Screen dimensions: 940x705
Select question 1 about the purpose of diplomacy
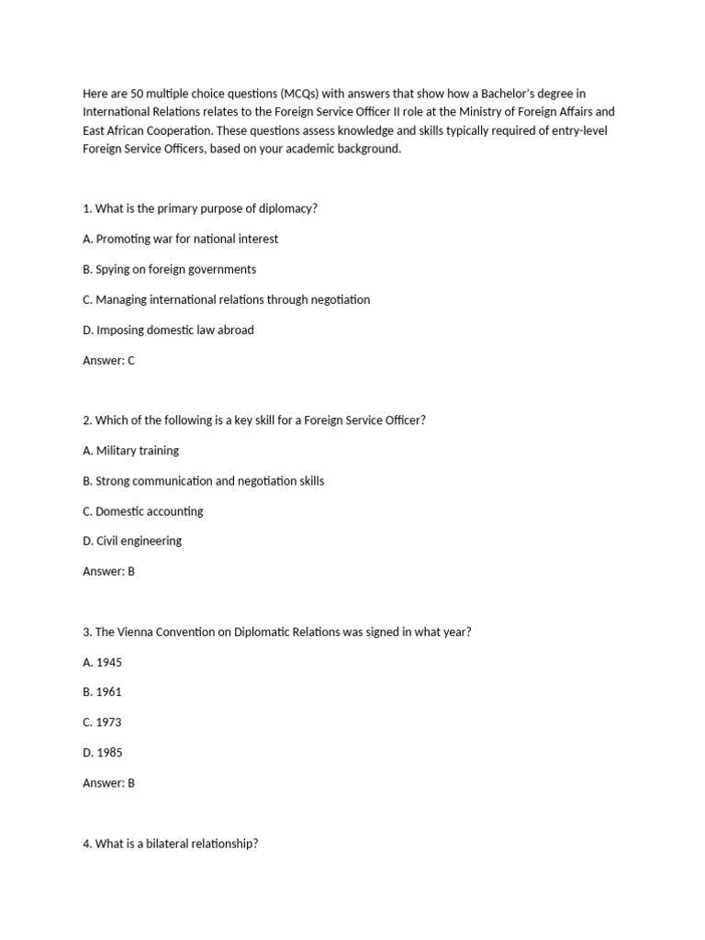coord(200,208)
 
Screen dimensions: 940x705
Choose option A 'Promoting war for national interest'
coord(180,239)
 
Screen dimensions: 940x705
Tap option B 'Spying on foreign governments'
coord(169,269)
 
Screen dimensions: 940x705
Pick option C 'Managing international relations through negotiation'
coord(226,299)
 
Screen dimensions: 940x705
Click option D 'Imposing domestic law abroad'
coord(168,330)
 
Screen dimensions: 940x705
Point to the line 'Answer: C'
coord(108,361)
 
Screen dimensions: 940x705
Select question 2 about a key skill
coord(254,420)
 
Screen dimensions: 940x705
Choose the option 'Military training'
coord(130,451)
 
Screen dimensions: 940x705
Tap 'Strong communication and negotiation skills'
coord(203,481)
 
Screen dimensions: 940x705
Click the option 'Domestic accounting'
coord(142,511)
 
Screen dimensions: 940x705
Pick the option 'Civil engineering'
coord(132,541)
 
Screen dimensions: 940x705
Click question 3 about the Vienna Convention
coord(276,632)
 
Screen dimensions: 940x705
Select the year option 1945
coord(102,662)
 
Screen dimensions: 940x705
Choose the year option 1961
coord(102,692)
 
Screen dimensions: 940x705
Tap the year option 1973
coord(102,722)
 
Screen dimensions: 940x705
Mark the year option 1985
coord(102,753)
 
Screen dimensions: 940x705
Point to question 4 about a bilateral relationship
coord(171,844)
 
